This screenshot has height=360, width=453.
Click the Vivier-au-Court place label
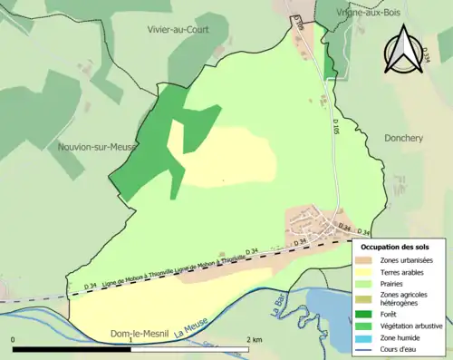[x=178, y=29]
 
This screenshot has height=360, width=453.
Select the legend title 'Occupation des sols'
[x=395, y=246]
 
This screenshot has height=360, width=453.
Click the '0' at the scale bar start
[x=14, y=339]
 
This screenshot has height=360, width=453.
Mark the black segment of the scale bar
[x=72, y=348]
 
